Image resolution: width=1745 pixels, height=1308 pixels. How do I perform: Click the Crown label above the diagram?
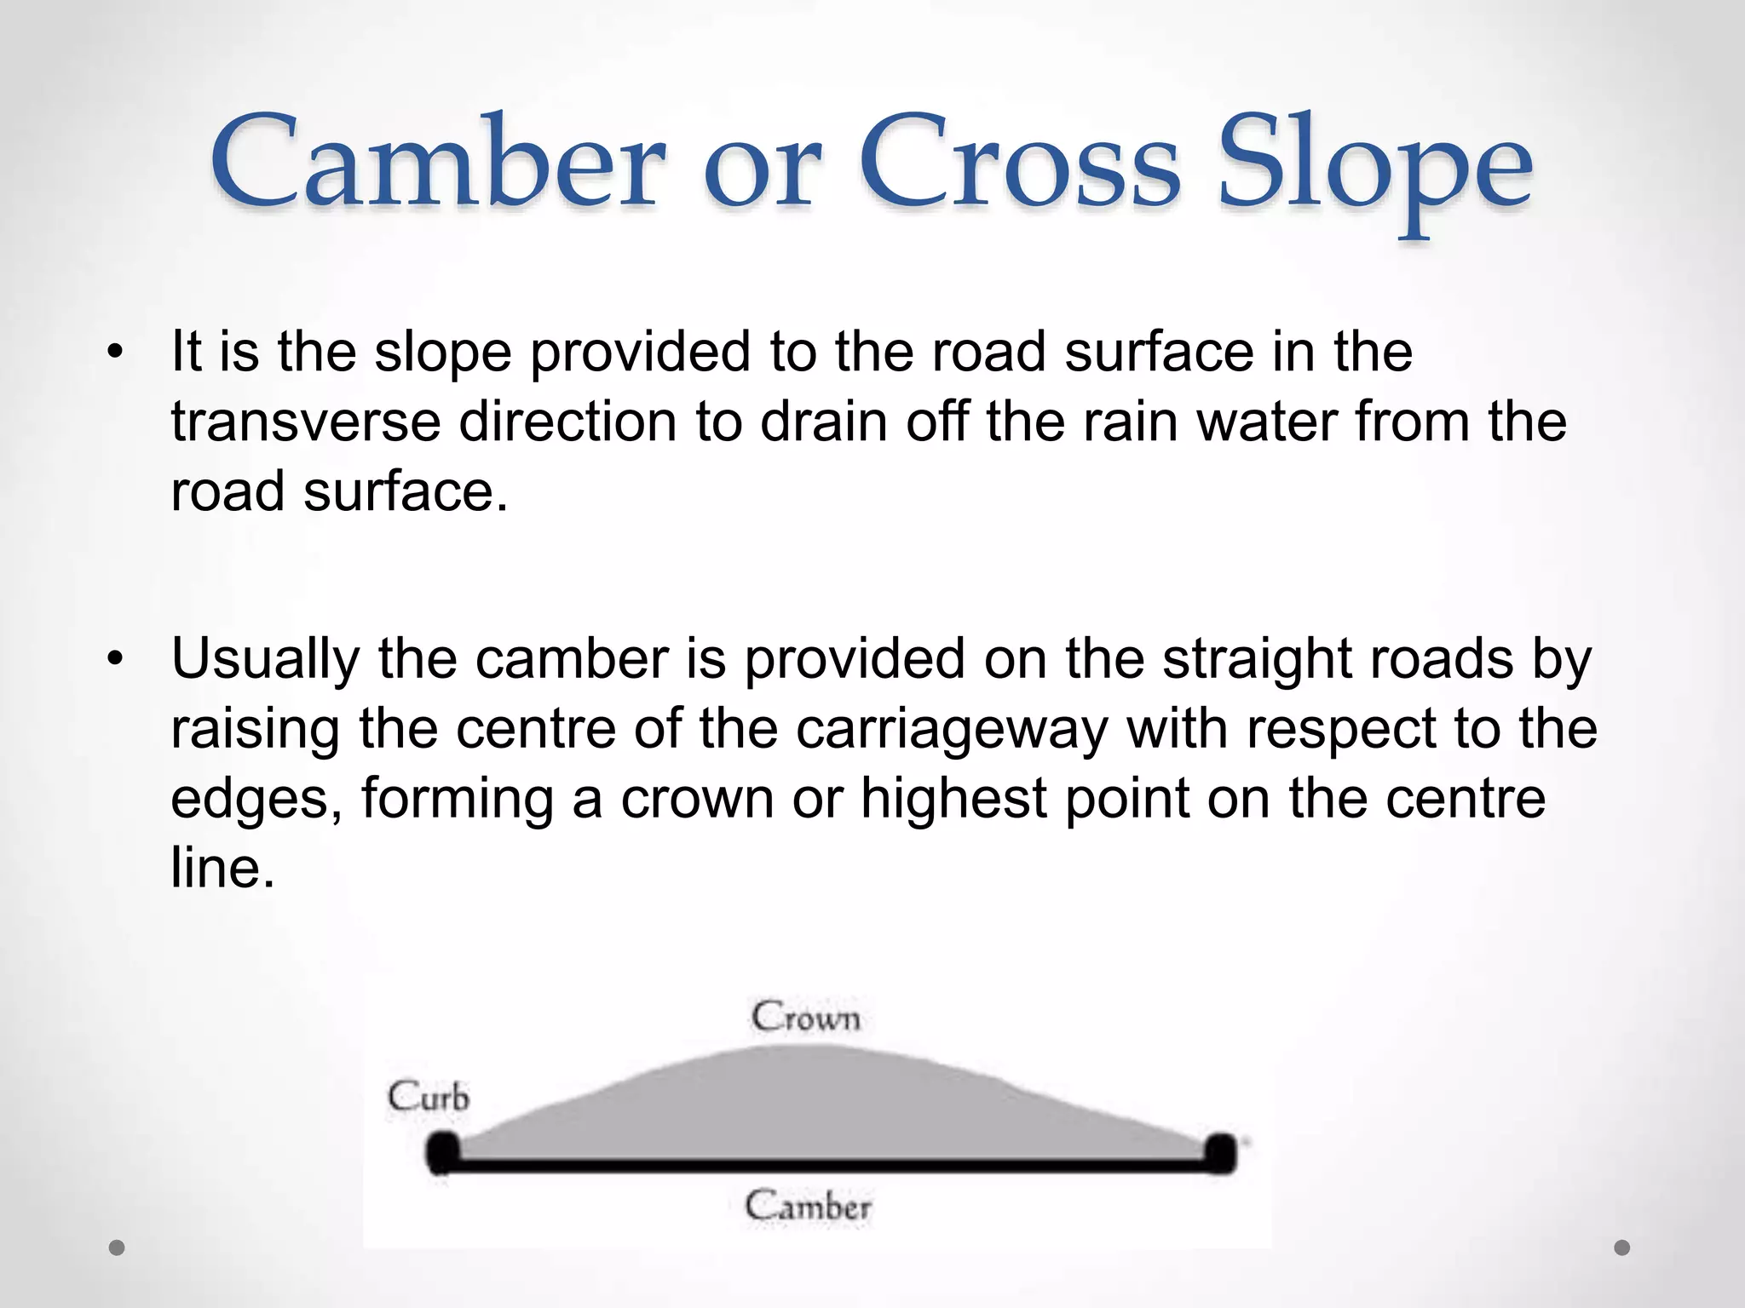[805, 1017]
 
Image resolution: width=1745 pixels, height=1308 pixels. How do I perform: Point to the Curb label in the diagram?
[428, 1096]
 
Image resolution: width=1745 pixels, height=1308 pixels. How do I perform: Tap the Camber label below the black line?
[808, 1206]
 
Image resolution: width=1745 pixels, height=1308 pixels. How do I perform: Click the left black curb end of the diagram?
[442, 1153]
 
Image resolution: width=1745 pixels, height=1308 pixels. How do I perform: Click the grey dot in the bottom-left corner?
[118, 1248]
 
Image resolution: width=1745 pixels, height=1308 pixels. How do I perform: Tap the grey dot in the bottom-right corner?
[1622, 1248]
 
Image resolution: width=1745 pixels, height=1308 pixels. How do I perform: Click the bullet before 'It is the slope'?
[116, 352]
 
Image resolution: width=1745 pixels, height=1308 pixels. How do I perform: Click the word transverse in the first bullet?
[306, 422]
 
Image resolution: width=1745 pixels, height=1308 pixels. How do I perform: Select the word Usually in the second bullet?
[265, 660]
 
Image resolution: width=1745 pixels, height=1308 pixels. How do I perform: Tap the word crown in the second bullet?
[697, 800]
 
